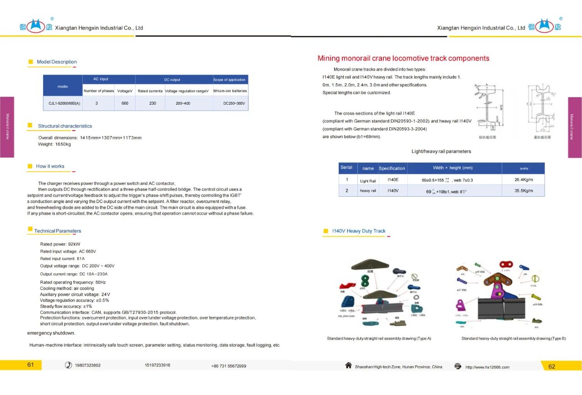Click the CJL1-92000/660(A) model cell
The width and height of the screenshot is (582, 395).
pos(64,103)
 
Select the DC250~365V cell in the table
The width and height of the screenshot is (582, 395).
pos(234,103)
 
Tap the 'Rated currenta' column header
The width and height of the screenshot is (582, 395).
pos(150,91)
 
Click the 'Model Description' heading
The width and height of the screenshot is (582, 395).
pos(57,62)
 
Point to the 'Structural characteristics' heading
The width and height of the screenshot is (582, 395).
pos(65,126)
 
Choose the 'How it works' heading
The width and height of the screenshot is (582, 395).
pos(50,167)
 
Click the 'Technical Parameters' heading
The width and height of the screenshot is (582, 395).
pos(58,231)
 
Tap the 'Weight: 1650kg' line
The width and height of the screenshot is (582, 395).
pos(55,144)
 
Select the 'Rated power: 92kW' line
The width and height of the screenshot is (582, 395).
pos(60,244)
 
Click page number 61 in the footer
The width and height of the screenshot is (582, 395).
pos(30,365)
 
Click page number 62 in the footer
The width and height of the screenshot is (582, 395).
pos(552,367)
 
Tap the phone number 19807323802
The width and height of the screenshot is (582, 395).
pos(88,365)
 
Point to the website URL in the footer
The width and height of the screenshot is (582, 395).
pos(487,367)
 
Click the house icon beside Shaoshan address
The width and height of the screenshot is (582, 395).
pos(349,365)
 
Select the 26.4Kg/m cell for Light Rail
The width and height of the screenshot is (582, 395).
pos(523,180)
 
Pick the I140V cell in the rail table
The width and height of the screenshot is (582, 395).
pos(393,191)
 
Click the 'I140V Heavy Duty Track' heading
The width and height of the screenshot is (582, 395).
pos(359,231)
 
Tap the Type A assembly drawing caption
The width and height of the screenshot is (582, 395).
pos(379,339)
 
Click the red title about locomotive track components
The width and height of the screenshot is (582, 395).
pos(403,58)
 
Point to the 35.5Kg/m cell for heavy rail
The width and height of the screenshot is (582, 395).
pos(523,191)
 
